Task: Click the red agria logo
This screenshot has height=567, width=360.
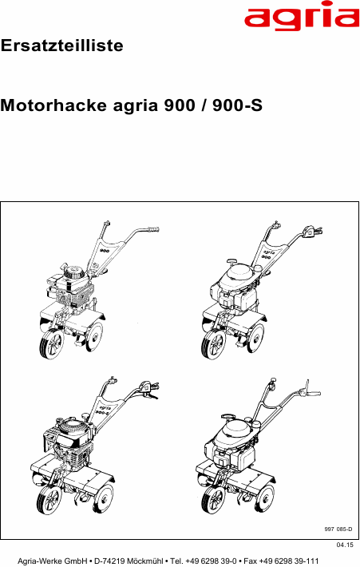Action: tap(302, 16)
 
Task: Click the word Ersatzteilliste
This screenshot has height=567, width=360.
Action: tap(61, 46)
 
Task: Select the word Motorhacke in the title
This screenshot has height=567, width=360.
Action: tap(53, 105)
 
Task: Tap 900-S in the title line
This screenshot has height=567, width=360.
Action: tap(237, 105)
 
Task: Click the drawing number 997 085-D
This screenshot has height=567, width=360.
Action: tap(338, 529)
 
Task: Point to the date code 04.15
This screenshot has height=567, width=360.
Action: tap(345, 545)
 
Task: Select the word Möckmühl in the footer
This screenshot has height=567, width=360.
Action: tap(145, 561)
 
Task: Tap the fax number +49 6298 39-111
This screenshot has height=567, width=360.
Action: tap(289, 561)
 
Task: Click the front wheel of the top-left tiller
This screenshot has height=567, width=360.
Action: tap(52, 344)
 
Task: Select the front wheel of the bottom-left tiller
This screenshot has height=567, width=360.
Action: tap(49, 499)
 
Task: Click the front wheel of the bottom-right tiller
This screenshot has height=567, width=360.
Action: tap(213, 499)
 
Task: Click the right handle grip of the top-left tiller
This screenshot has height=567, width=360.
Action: tap(153, 229)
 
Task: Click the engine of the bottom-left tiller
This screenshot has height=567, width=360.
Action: tap(69, 443)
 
